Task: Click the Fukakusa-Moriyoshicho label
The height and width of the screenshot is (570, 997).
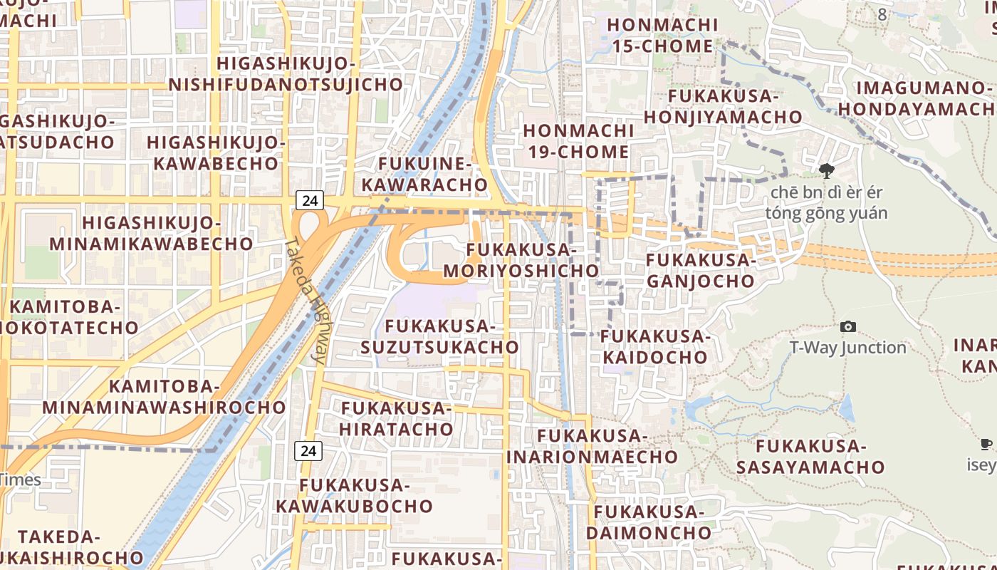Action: tap(521, 261)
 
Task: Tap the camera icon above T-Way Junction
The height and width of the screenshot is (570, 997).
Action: tap(848, 326)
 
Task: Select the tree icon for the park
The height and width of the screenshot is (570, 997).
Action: tap(826, 170)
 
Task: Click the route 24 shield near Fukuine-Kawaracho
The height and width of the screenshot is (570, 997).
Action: tap(310, 200)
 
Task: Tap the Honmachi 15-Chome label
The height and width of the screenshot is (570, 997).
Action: tap(662, 36)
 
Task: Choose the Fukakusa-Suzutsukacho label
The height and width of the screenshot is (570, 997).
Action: tap(439, 336)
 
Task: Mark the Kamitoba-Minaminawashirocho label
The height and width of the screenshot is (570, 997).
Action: tap(164, 397)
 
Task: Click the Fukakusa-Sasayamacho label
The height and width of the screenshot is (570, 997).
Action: tap(810, 457)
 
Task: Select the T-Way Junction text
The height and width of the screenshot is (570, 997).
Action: tap(847, 348)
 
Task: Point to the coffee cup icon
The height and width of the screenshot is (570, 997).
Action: tap(986, 445)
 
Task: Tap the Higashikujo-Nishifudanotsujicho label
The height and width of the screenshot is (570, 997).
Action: tap(286, 74)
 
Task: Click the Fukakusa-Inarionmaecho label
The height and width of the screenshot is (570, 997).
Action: tap(592, 446)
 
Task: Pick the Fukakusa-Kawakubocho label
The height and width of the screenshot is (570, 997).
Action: tap(354, 496)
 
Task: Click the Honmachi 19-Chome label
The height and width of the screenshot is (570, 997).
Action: tap(577, 141)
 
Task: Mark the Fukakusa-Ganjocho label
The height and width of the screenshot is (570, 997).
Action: tap(700, 270)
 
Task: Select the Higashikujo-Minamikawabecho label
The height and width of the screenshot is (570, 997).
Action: tap(151, 233)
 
